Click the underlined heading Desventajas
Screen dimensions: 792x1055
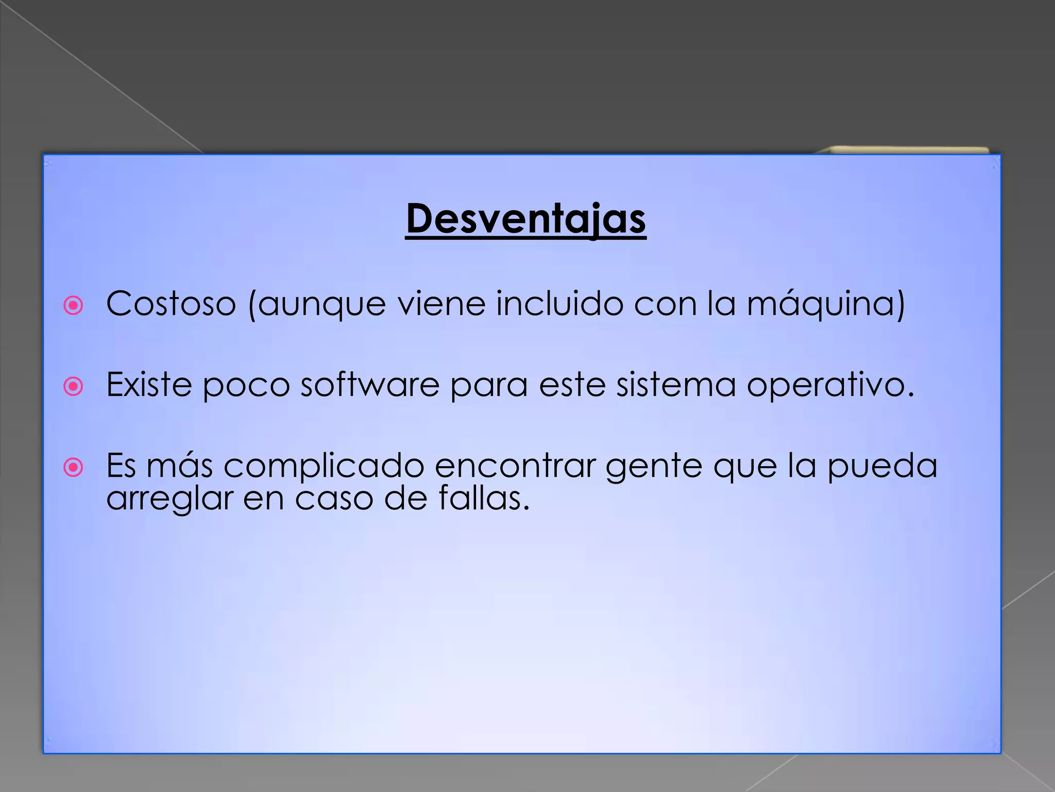point(525,219)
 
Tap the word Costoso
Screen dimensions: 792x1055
point(171,304)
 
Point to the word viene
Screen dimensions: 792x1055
point(441,304)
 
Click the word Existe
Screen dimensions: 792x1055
point(149,385)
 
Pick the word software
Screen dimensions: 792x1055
point(370,385)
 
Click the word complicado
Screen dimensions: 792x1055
point(324,466)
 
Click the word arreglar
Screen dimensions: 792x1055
point(169,499)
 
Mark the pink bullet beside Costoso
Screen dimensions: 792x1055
point(73,305)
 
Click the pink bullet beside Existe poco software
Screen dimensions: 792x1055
point(73,386)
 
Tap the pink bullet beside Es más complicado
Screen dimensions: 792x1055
point(73,468)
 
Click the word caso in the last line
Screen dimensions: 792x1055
point(334,499)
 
